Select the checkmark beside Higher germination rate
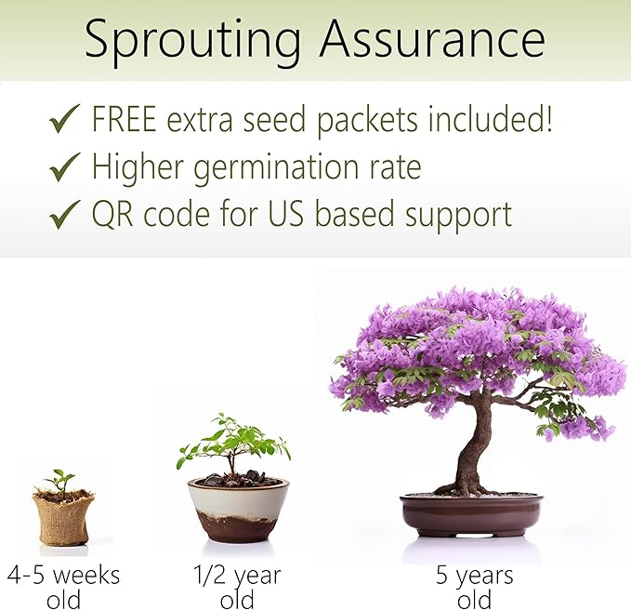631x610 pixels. (65, 168)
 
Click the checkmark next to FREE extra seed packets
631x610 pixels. (65, 121)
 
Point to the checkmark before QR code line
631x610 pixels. (65, 216)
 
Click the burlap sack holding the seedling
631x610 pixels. (62, 519)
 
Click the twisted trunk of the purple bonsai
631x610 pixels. (476, 446)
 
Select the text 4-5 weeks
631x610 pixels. (63, 576)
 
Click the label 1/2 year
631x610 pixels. (237, 576)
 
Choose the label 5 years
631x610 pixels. (474, 576)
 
